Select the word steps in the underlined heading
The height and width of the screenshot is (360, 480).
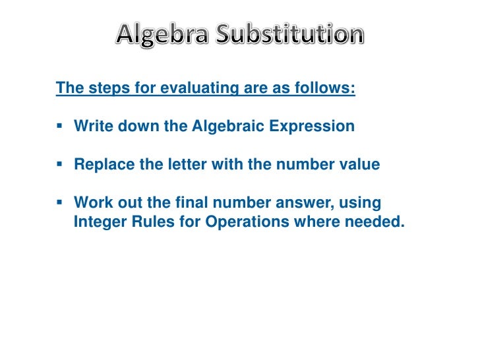click(x=102, y=88)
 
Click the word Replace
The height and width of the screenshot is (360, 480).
click(x=101, y=164)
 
